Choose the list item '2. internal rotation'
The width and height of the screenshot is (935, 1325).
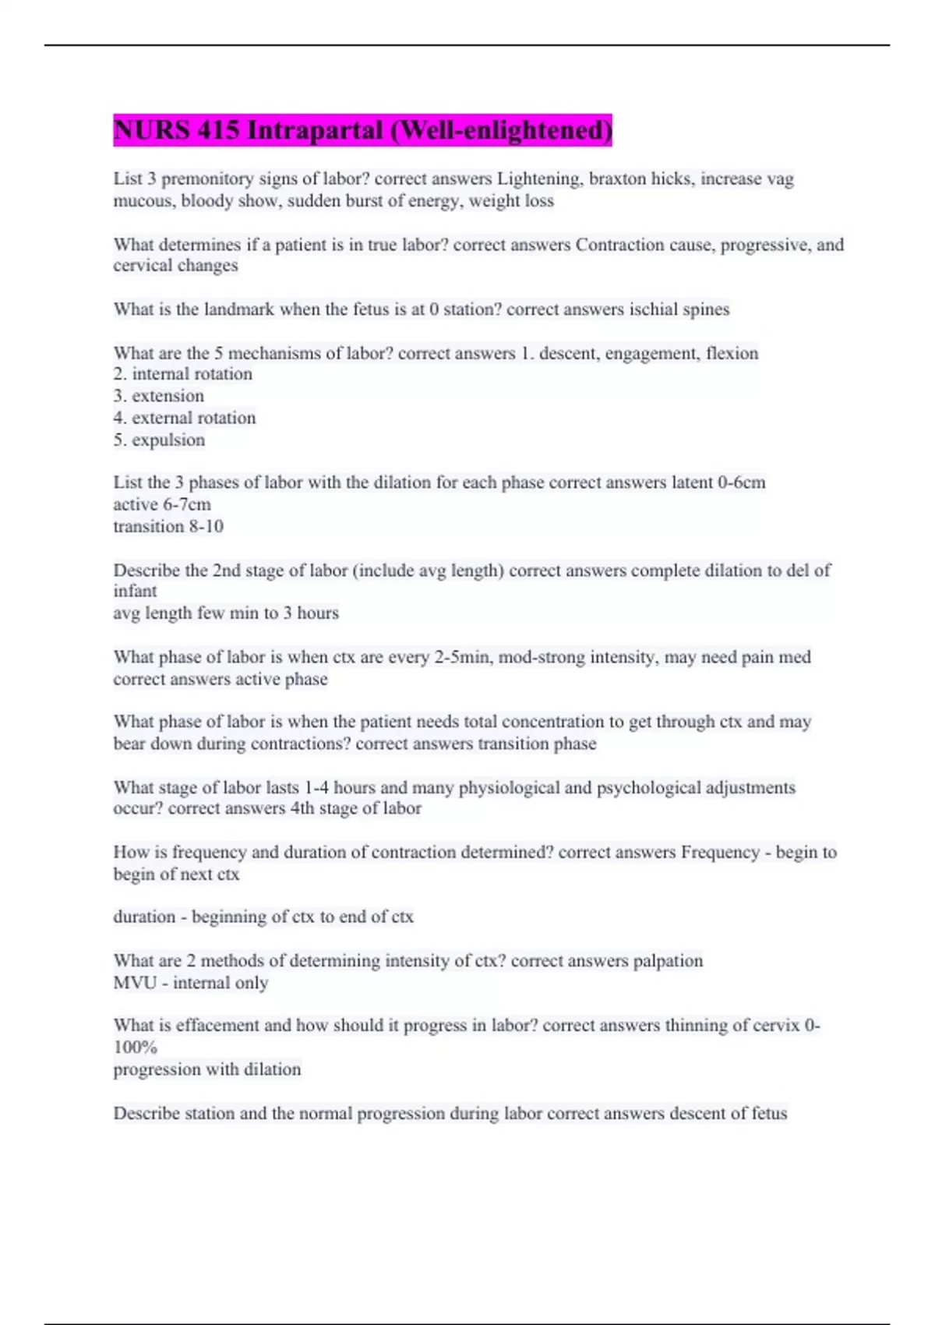(x=182, y=374)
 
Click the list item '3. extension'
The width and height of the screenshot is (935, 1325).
(x=158, y=396)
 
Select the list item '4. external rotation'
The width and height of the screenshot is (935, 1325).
(x=184, y=418)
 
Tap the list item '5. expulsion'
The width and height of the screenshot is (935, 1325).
(x=159, y=440)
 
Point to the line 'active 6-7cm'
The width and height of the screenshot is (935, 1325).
(x=162, y=504)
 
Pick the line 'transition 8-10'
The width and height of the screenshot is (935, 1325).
(x=168, y=527)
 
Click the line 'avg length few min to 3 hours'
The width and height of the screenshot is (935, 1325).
(x=226, y=613)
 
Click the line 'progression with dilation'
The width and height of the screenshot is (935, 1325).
(x=206, y=1069)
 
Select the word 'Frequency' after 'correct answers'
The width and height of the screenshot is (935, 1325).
(x=720, y=853)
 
